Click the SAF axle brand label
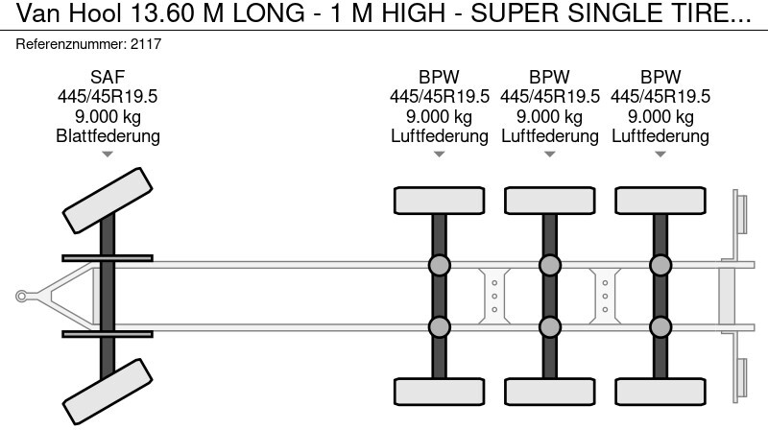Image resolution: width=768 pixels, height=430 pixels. click(x=108, y=77)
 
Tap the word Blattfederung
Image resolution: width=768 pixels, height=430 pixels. click(x=108, y=135)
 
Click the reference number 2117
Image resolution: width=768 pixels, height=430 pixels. click(x=146, y=44)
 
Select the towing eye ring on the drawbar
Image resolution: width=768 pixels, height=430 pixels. click(x=21, y=297)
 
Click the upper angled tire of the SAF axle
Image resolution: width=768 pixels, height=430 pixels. click(x=108, y=201)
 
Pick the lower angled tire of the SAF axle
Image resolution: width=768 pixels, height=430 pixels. click(x=108, y=392)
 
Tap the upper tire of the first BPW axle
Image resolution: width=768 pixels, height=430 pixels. click(x=440, y=201)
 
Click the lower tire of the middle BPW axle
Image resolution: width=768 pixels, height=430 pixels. click(x=549, y=392)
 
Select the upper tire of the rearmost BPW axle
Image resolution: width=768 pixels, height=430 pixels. click(x=660, y=201)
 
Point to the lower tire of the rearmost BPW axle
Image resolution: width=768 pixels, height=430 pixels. click(x=660, y=392)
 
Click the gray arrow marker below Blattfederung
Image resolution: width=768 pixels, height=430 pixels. click(x=108, y=155)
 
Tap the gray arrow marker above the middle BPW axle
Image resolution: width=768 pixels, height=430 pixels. click(x=549, y=155)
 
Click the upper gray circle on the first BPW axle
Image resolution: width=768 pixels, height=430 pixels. click(x=440, y=266)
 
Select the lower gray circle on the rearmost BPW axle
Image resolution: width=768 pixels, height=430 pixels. click(x=660, y=326)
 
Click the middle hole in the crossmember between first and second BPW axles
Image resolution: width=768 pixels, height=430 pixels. click(x=494, y=297)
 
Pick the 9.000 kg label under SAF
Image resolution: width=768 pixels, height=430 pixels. click(x=108, y=116)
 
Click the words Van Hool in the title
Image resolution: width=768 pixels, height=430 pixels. click(x=69, y=13)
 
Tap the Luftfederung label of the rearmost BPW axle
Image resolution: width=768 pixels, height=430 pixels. click(x=660, y=135)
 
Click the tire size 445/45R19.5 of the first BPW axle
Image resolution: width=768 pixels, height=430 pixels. click(x=440, y=97)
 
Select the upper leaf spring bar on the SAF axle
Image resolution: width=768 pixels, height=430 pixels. click(x=108, y=258)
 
